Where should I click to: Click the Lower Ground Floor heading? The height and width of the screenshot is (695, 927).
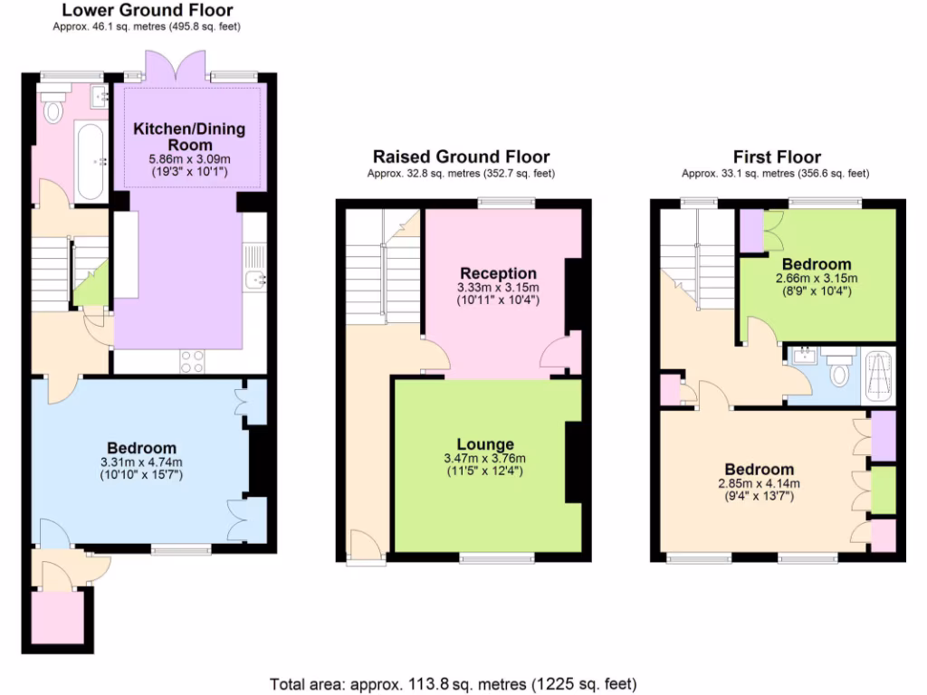tap(148, 11)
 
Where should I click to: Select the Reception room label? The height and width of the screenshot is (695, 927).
tap(498, 273)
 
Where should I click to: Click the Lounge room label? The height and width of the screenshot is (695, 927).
tap(485, 444)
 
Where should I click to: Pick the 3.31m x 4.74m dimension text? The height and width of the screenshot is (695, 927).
tap(141, 462)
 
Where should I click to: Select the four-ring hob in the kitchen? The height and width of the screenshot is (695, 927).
tap(192, 360)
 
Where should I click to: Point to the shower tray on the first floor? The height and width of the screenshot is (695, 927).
tap(879, 376)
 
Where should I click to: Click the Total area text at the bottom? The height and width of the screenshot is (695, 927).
tap(454, 682)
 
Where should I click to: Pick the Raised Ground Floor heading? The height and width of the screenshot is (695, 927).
tap(461, 157)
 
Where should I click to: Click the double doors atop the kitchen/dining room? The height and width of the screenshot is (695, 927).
tap(164, 69)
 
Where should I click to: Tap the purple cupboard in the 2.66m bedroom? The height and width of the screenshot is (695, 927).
tap(751, 230)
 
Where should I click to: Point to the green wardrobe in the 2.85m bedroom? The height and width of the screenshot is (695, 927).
tap(884, 489)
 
